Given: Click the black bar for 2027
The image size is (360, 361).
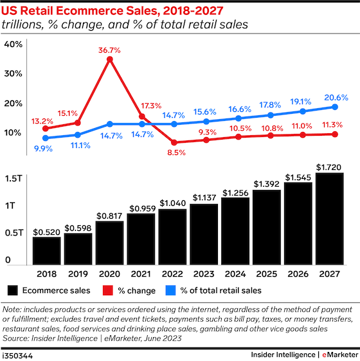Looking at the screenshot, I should [x=330, y=219].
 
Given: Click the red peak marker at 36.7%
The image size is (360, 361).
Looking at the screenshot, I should [x=110, y=59].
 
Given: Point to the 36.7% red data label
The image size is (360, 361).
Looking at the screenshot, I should [x=110, y=48].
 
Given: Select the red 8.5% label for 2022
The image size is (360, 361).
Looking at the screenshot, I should [x=175, y=153].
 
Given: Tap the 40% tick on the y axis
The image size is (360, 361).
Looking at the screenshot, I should [x=14, y=44].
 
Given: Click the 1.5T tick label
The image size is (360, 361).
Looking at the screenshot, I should [x=15, y=178].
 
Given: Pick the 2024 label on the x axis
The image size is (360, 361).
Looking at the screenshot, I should [x=235, y=272].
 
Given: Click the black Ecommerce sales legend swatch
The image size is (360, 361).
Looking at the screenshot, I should [x=12, y=290].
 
